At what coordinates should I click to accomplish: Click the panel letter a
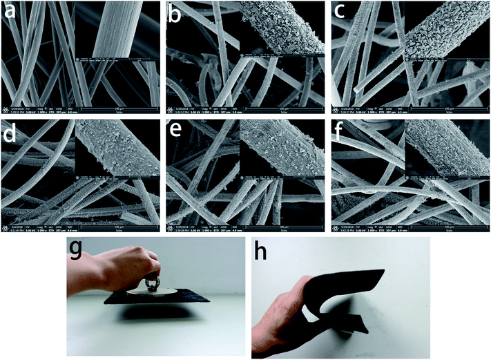click(x=12, y=12)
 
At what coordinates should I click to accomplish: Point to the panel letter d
click(x=12, y=131)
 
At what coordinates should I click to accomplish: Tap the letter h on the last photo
click(x=264, y=250)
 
